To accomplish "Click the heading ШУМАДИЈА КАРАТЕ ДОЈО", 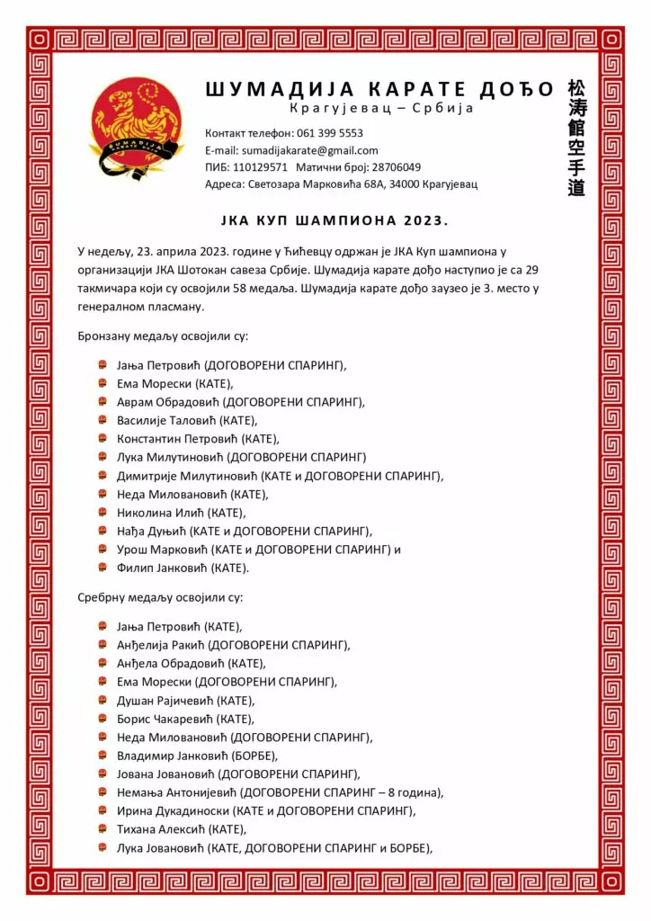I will click(x=379, y=89).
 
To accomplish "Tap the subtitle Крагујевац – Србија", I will click(x=381, y=109).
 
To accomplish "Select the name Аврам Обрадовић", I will click(x=168, y=402).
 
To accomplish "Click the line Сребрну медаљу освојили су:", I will click(x=160, y=597).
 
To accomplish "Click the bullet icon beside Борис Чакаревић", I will click(x=103, y=719).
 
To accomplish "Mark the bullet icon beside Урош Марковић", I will click(x=103, y=550).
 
